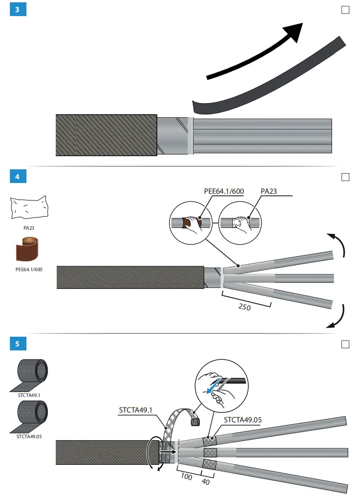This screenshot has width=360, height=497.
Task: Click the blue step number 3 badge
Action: (x=18, y=10)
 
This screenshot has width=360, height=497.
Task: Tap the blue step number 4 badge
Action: (x=18, y=177)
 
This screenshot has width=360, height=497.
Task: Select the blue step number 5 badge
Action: (x=18, y=344)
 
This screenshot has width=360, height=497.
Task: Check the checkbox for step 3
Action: (x=345, y=10)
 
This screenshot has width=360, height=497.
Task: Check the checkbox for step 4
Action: (x=345, y=177)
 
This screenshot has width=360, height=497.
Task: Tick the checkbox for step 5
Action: (x=345, y=344)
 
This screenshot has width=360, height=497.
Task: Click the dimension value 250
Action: (x=244, y=307)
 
